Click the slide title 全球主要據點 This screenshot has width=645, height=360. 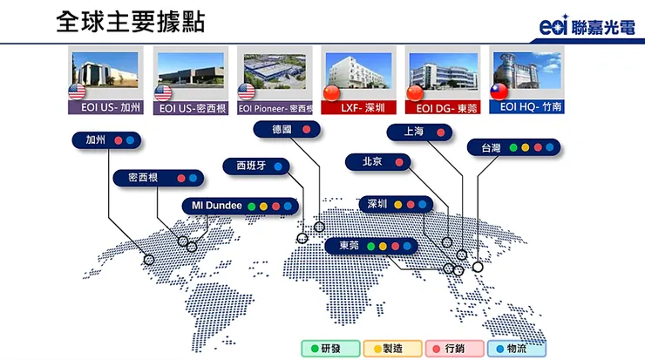pos(130,22)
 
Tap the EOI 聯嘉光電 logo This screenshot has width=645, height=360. pos(589,28)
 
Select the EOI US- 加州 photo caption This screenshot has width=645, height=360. pos(105,109)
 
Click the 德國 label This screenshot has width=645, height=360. pos(282,129)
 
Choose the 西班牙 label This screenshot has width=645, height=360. pos(245,165)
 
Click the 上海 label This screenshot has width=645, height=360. pos(414,132)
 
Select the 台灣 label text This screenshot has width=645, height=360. pos(490,147)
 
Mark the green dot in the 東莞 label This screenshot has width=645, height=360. pos(370,247)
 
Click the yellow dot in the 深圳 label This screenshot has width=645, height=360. pos(397,205)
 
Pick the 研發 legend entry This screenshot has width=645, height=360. pos(327,348)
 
